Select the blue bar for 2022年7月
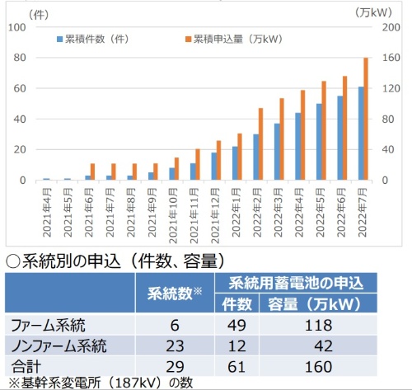click(x=360, y=134)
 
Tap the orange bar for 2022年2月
click(x=261, y=144)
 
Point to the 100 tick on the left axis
click(x=19, y=26)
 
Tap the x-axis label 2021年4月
click(x=46, y=211)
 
